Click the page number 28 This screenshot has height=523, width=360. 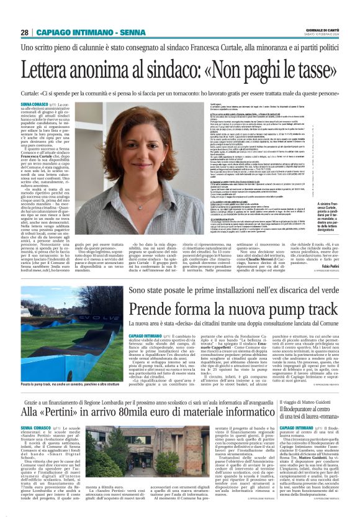pyautogui.click(x=24, y=32)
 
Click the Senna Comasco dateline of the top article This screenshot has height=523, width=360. pyautogui.click(x=35, y=104)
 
